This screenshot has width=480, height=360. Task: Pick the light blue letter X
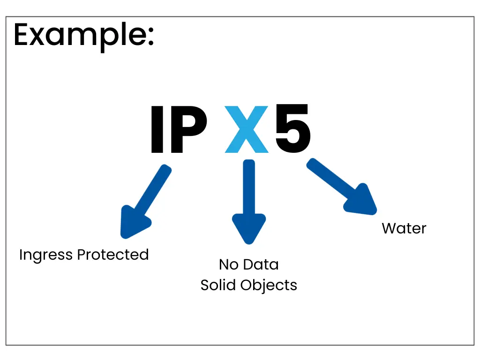(247, 130)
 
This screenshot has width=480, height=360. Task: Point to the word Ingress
(46, 255)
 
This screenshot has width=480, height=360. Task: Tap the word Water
(404, 229)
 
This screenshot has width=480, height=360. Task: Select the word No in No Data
(228, 265)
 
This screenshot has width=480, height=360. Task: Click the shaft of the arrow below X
(249, 187)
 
